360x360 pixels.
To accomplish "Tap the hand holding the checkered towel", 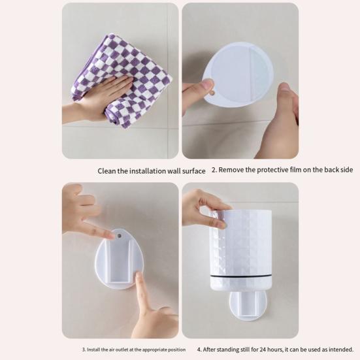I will (98, 98).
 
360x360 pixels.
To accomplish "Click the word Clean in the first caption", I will (108, 171).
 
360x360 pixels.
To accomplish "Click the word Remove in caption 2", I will (232, 170).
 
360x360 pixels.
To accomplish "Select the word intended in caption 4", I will (344, 349).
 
